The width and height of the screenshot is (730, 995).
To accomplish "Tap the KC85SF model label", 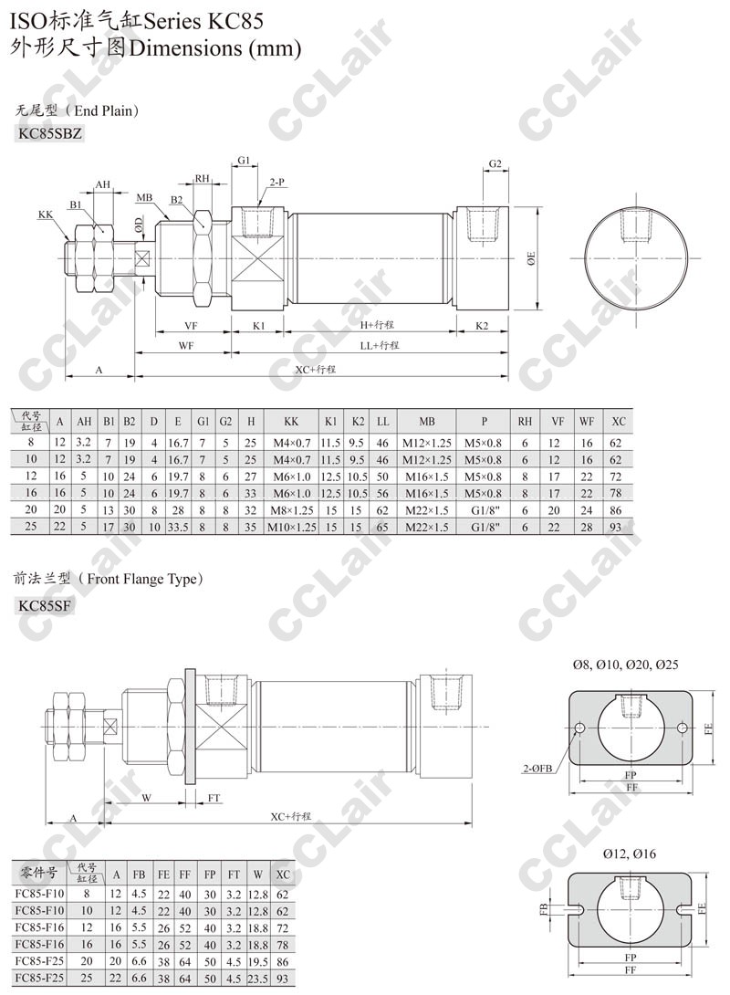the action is point(45,605).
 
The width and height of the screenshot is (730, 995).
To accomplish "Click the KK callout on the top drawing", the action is point(46,215).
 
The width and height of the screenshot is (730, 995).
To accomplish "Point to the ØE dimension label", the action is point(531,258).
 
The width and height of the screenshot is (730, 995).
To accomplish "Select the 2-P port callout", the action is point(276,183).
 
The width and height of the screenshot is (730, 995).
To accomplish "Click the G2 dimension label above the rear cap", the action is point(495,163).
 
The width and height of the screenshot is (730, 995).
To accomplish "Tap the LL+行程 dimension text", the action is point(380,345).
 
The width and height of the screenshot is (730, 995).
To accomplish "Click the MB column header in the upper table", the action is point(427,421).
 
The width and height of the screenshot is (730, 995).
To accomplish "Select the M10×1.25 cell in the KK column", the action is point(292,527).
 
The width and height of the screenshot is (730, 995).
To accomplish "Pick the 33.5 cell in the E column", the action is point(178,527).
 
